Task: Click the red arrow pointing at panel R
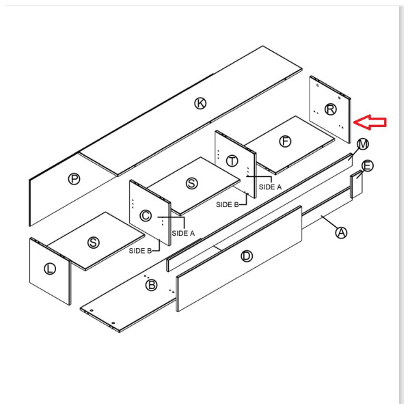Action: coord(370,122)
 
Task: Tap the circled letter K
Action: coord(200,103)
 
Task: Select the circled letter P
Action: coord(74,179)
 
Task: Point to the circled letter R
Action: coord(331,109)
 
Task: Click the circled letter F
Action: coord(285,141)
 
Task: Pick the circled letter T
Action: coord(232,161)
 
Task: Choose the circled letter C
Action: coord(146,216)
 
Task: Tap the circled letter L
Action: coord(50,269)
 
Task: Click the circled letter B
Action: coord(152,285)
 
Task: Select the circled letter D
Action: coord(247,256)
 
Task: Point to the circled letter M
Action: coord(363,144)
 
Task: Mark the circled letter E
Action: coord(368,166)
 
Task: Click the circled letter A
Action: coord(341,232)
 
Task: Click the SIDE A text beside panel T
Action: coord(270,187)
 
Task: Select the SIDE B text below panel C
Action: coord(140,251)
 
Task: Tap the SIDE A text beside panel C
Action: coord(183,233)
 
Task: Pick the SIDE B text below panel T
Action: coord(228,204)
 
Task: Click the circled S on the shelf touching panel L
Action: coord(94,243)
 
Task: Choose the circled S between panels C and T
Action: coord(191,183)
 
